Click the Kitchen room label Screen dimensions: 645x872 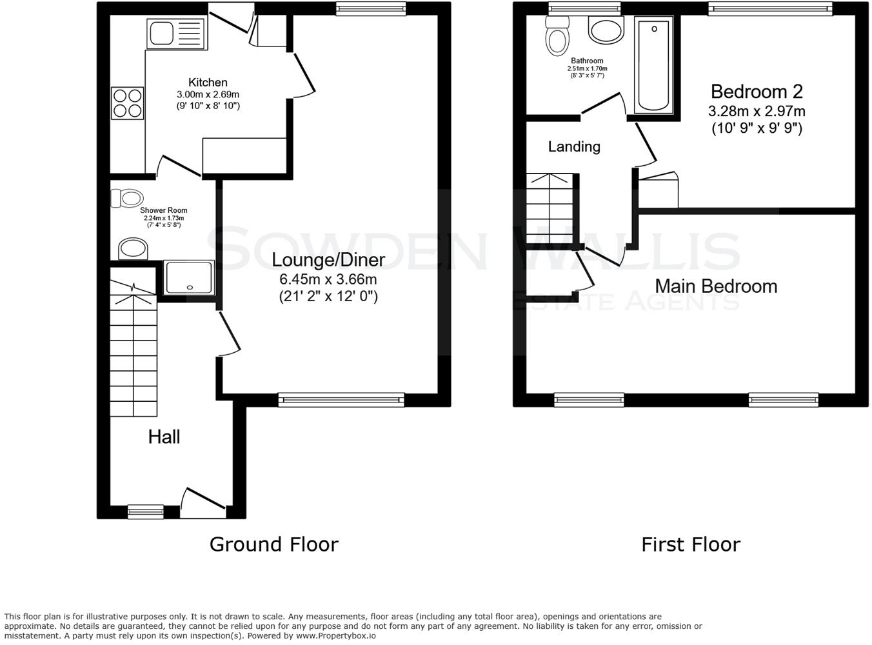pyautogui.click(x=208, y=83)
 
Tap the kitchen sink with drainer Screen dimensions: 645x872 pyautogui.click(x=175, y=33)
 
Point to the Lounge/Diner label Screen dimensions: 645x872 pyautogui.click(x=328, y=260)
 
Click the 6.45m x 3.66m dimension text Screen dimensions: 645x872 pyautogui.click(x=328, y=279)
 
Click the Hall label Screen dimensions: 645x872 pyautogui.click(x=164, y=437)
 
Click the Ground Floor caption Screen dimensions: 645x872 pyautogui.click(x=273, y=544)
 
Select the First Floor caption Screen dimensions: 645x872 pyautogui.click(x=690, y=544)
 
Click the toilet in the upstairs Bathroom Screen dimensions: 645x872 pyautogui.click(x=557, y=36)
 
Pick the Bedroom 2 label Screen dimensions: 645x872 pyautogui.click(x=756, y=92)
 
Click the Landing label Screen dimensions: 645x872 pyautogui.click(x=573, y=147)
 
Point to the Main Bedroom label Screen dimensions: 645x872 pyautogui.click(x=715, y=286)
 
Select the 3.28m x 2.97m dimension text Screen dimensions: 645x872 pyautogui.click(x=756, y=111)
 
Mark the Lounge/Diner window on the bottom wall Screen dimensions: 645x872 pyautogui.click(x=341, y=400)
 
